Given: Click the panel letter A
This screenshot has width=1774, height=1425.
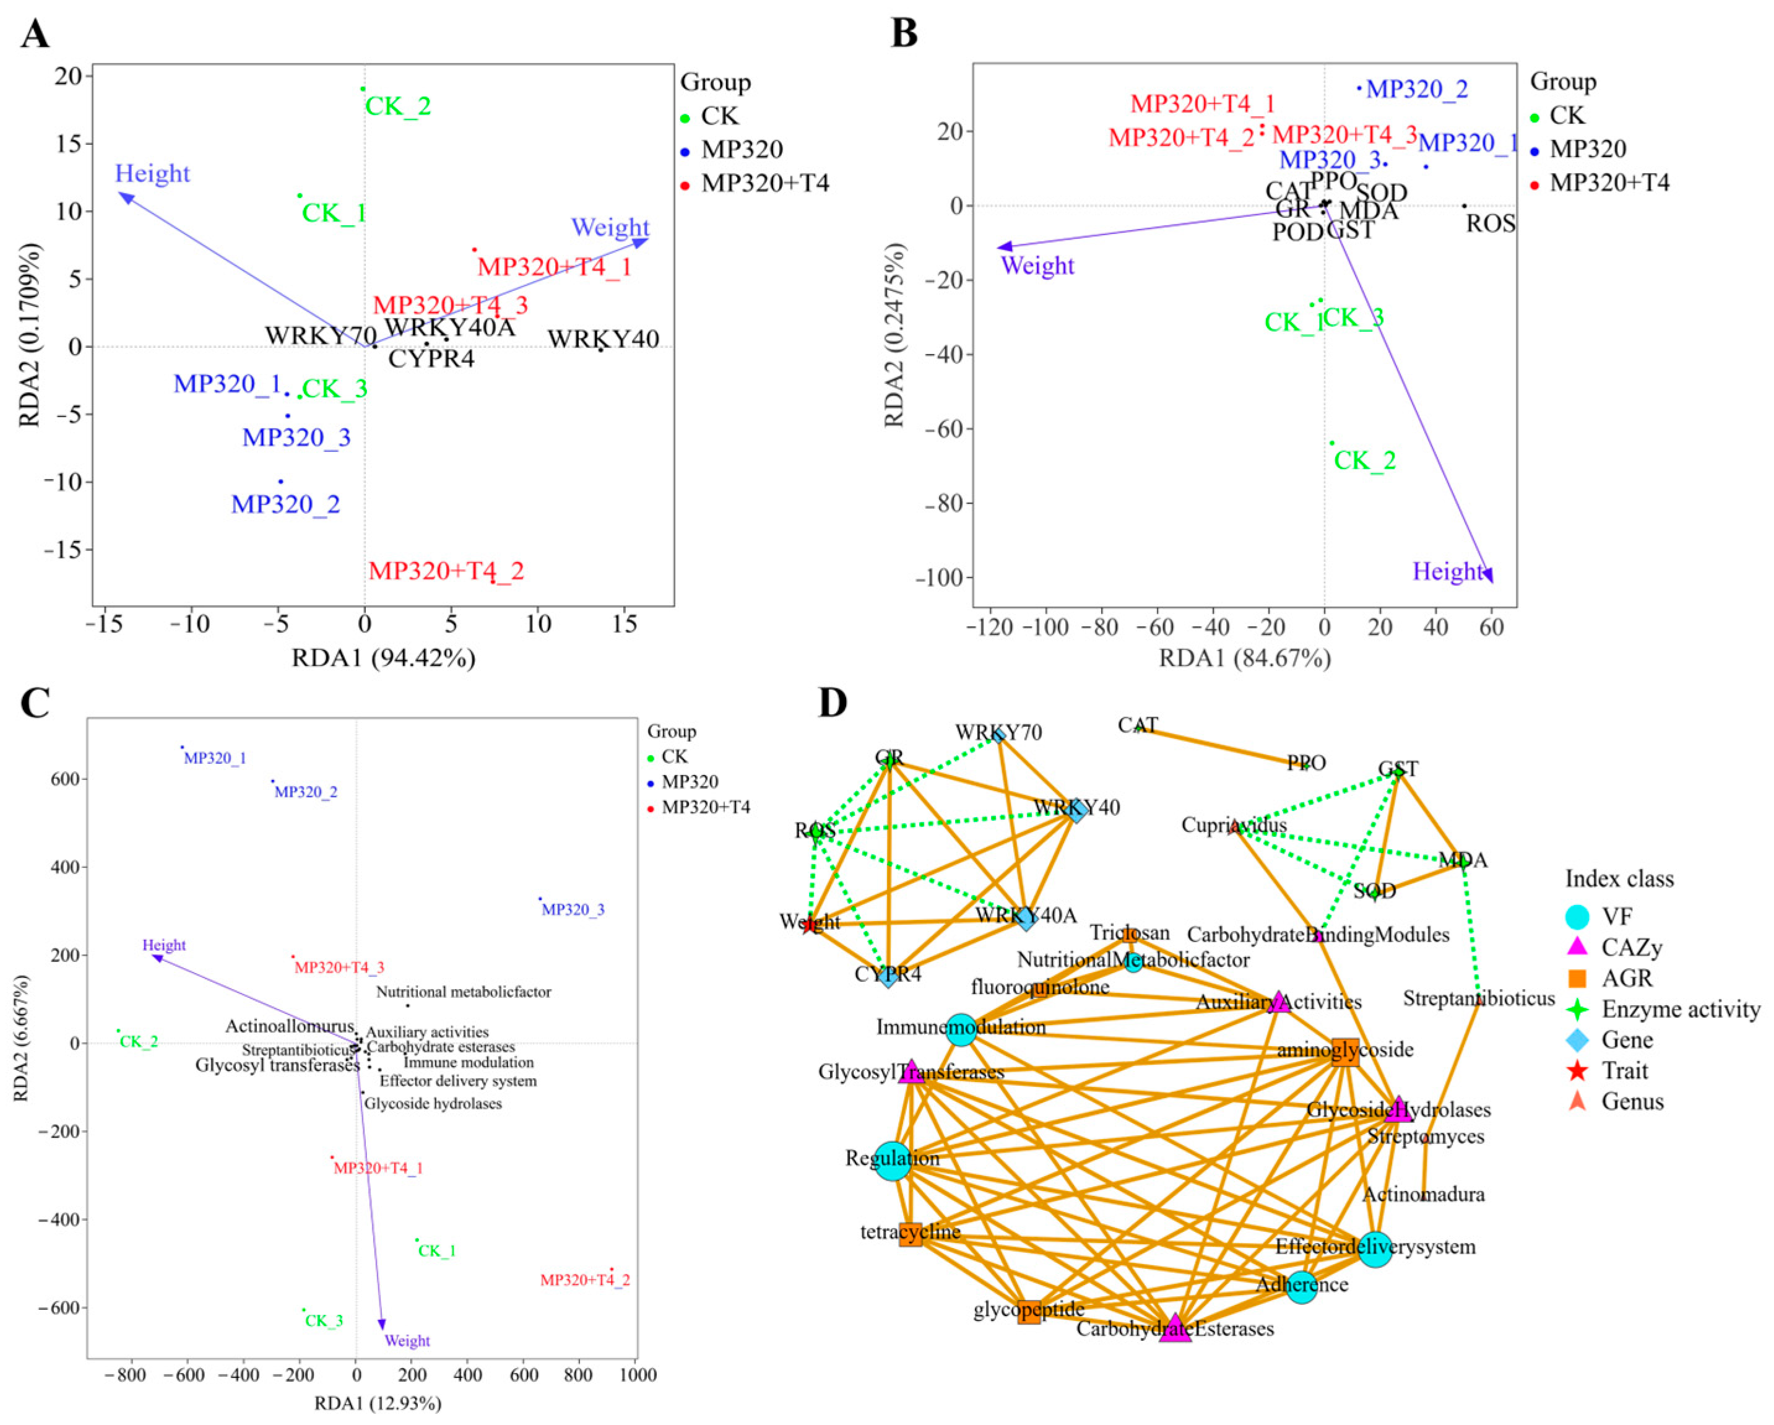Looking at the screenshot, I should click(35, 35).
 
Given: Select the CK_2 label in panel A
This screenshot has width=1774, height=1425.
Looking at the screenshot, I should click(397, 106).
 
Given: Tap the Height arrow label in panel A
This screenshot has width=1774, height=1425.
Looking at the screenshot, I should click(152, 173).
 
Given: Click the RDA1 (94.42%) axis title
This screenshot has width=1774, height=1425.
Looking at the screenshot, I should click(383, 658).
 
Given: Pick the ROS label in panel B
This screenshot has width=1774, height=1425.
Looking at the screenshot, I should click(1490, 224).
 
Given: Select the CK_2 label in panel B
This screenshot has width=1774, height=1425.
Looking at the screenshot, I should click(1364, 461).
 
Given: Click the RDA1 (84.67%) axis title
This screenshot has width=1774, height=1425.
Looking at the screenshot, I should click(1245, 658).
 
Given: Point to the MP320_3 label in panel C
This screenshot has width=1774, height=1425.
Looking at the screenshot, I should click(573, 910).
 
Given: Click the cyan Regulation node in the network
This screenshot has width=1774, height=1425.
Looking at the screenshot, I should click(892, 1161).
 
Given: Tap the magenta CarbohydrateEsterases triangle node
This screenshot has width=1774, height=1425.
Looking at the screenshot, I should click(1175, 1328).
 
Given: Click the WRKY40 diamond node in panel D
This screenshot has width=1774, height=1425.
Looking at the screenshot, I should click(1075, 810).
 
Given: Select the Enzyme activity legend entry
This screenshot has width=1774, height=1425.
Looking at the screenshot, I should click(1679, 1010).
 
